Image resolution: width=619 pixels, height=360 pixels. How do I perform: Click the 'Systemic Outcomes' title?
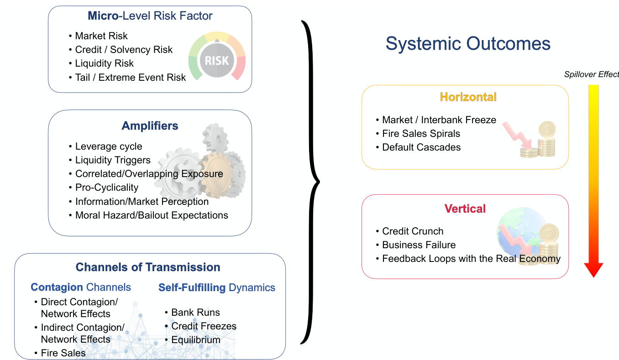468,44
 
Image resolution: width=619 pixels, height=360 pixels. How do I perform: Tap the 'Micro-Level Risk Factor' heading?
150,16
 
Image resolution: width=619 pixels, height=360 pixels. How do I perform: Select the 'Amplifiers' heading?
150,126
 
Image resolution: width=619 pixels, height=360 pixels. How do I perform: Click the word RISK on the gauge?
217,61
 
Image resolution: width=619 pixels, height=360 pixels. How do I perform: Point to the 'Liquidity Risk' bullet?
105,63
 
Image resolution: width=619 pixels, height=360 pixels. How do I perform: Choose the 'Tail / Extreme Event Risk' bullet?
131,78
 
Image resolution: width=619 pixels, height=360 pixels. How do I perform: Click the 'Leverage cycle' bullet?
109,146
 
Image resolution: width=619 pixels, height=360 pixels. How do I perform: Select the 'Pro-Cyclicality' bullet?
107,188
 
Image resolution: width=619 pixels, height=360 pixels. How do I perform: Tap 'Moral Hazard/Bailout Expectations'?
152,215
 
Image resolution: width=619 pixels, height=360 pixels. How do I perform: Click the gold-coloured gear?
217,175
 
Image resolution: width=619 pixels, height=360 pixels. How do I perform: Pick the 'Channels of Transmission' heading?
148,267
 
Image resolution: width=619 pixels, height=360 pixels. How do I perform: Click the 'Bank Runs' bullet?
196,312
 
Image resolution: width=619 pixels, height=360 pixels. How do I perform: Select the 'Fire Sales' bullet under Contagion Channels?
63,353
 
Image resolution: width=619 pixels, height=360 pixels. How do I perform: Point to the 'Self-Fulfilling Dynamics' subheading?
217,287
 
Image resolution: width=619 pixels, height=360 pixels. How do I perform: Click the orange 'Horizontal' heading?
468,97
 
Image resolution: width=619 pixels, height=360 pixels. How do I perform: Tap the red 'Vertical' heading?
465,209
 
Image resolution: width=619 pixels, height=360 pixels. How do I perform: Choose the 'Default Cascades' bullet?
421,147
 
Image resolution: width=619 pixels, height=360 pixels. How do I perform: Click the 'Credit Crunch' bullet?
413,231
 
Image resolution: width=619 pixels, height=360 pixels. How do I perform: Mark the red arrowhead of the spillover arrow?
593,269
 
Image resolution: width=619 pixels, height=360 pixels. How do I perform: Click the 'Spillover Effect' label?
591,74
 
